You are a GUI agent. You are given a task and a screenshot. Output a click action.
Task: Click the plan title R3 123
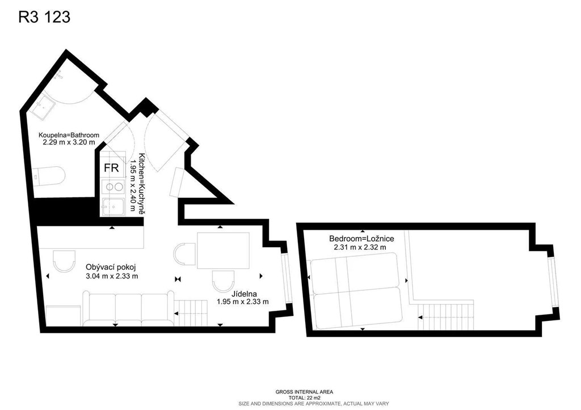click(44, 17)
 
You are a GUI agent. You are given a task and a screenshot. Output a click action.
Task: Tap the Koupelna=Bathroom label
click(69, 135)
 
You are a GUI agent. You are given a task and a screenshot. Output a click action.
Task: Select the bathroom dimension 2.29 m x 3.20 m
click(69, 142)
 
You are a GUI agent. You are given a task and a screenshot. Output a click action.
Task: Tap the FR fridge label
click(111, 168)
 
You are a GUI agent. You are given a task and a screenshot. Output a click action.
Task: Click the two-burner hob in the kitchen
click(113, 187)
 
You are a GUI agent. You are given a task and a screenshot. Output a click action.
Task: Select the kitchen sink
click(113, 206)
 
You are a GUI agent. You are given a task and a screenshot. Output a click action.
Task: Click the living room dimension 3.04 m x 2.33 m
click(112, 276)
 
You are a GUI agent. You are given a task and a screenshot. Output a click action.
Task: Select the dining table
click(223, 251)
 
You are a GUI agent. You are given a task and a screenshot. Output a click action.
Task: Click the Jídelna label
click(244, 294)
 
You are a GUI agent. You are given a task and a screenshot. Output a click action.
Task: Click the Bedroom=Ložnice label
click(361, 239)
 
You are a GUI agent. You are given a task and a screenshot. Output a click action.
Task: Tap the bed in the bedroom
click(356, 291)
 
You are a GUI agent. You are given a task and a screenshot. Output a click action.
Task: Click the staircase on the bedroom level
click(446, 316)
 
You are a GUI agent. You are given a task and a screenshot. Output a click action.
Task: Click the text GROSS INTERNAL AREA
click(304, 392)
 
